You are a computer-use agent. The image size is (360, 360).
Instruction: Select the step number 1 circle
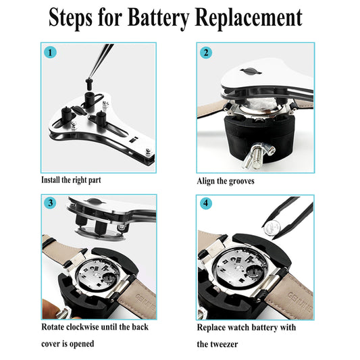tap(50, 53)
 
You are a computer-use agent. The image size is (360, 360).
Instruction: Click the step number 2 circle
tap(206, 53)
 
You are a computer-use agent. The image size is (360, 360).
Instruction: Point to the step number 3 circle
tap(51, 203)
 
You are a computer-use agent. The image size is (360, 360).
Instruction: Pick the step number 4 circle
tap(206, 203)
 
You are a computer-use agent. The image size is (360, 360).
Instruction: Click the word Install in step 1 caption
tap(51, 180)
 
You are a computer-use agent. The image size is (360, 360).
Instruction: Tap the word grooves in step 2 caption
tap(242, 182)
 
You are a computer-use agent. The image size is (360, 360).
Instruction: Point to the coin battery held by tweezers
tap(272, 228)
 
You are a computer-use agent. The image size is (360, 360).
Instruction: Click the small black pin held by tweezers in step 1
tap(88, 84)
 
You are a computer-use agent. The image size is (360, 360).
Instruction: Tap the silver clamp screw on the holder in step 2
tap(257, 155)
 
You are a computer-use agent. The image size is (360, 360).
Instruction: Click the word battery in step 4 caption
tap(264, 328)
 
